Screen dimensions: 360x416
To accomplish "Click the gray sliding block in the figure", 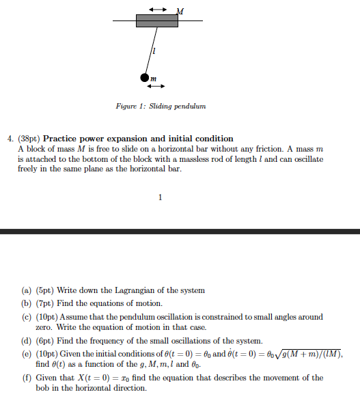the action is click(156, 20).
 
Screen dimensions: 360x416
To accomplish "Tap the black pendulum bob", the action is click(144, 79).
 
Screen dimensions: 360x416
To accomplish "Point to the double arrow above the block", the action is click(157, 8).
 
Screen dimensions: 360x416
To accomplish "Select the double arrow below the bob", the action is click(156, 87).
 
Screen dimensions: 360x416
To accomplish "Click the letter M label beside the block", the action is click(180, 10).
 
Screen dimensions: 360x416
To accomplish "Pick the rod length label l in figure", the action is click(154, 51).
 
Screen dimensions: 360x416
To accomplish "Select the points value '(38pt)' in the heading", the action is click(29, 138).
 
